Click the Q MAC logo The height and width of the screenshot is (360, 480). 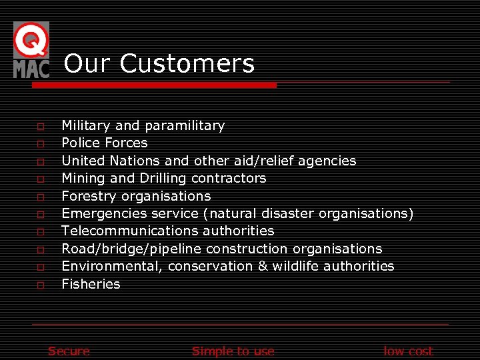click(x=31, y=50)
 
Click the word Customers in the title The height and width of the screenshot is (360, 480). click(x=187, y=64)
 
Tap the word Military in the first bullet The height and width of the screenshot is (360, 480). click(x=86, y=125)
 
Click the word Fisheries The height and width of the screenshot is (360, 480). click(x=91, y=284)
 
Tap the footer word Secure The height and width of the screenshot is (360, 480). click(x=69, y=351)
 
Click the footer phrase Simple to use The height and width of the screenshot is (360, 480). click(x=233, y=351)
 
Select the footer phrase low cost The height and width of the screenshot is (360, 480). click(x=408, y=351)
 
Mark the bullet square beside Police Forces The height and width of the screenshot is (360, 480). click(x=41, y=143)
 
